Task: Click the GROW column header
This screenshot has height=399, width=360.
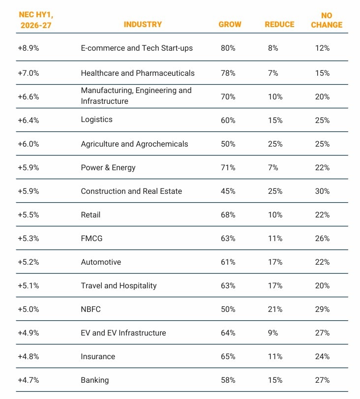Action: [230, 25]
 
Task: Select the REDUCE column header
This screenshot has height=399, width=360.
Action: [279, 25]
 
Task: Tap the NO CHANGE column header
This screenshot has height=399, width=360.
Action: [326, 20]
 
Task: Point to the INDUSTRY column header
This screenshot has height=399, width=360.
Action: [143, 25]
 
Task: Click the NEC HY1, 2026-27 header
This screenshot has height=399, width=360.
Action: [35, 20]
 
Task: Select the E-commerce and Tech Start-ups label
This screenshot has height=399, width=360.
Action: [137, 48]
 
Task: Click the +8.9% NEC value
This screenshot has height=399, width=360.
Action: [28, 48]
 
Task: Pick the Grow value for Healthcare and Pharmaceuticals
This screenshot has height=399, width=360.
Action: [228, 73]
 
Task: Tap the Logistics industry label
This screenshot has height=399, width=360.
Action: [96, 120]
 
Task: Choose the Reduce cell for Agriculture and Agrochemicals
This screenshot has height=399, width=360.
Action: [275, 144]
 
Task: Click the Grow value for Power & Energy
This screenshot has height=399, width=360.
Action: [228, 168]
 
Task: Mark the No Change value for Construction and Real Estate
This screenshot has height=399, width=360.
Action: [322, 191]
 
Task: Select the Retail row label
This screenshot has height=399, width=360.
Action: [90, 215]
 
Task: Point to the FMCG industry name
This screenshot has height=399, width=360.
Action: [91, 239]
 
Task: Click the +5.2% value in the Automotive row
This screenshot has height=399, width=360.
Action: [28, 262]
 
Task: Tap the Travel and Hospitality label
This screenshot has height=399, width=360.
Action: [119, 286]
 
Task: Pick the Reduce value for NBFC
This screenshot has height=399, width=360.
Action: [275, 309]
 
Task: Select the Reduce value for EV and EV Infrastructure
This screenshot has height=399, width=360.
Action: [273, 333]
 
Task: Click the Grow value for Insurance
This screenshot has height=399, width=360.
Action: [228, 357]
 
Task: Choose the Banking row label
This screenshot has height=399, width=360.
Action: [95, 380]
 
